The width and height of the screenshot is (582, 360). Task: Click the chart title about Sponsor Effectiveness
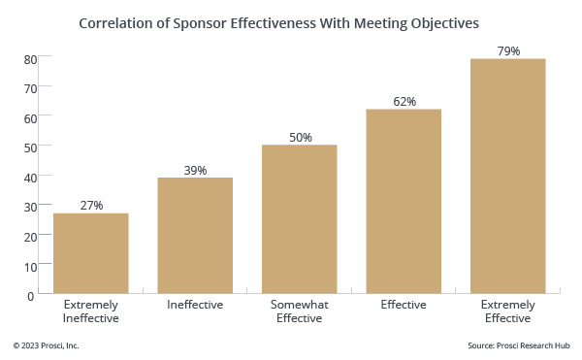[x=291, y=20]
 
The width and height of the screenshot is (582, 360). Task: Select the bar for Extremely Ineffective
[x=91, y=253]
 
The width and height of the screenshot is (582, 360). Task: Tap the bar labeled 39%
[x=195, y=236]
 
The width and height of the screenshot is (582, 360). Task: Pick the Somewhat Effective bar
[x=300, y=219]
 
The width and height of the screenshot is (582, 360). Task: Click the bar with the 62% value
[x=404, y=201]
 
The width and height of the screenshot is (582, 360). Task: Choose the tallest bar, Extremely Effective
[x=507, y=176]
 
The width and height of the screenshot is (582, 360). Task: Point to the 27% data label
[x=91, y=205]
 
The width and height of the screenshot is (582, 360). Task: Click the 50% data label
[x=300, y=137]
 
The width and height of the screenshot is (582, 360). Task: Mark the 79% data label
[x=507, y=50]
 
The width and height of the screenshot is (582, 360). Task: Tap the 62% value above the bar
[x=404, y=101]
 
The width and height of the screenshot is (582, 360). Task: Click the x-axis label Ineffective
[x=195, y=305]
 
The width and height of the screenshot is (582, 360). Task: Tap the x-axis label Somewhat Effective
[x=300, y=311]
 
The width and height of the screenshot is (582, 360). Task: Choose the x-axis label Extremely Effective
[x=507, y=311]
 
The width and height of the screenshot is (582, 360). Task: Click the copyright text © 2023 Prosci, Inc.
[x=46, y=345]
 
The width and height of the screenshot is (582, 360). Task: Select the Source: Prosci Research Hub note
[x=517, y=345]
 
